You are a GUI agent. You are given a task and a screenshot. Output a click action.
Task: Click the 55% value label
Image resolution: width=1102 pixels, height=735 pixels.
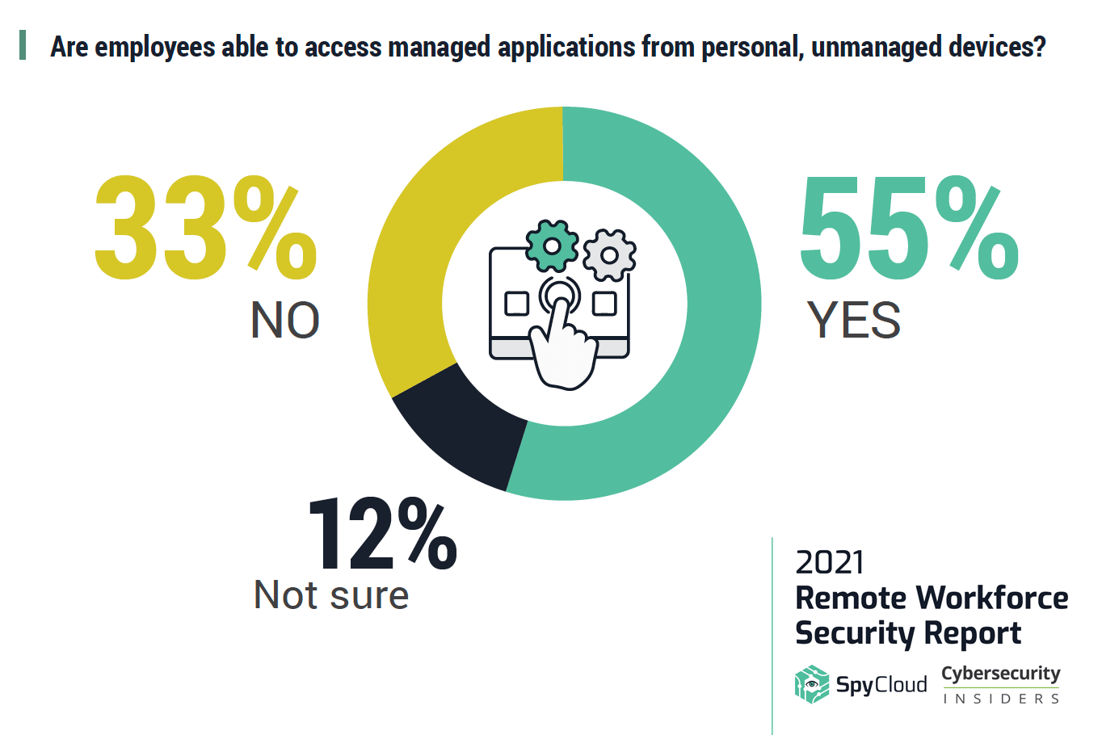(x=909, y=230)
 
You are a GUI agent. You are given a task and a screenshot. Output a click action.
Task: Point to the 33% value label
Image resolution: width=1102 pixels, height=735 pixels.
(x=206, y=230)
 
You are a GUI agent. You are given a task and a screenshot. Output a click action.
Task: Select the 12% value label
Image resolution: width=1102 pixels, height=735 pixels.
(x=382, y=535)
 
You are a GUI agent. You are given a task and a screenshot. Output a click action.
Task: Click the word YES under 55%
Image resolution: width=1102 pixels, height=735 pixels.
(x=854, y=321)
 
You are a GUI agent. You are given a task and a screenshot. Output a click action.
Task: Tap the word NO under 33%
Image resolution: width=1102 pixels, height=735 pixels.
(x=285, y=321)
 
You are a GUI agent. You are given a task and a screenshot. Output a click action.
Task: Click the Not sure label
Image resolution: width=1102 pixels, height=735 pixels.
(x=331, y=595)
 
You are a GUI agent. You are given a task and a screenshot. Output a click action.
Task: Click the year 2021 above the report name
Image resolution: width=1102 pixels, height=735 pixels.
(x=829, y=562)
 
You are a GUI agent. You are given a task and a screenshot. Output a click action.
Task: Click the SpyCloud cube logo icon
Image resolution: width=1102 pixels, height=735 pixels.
(x=811, y=685)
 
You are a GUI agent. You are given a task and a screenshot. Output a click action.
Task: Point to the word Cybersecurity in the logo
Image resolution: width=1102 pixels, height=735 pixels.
(x=1001, y=674)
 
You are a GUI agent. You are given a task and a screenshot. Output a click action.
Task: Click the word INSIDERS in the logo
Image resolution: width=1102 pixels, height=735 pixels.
(x=1001, y=699)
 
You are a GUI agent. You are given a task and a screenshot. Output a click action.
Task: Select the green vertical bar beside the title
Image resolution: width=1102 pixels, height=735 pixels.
(x=23, y=45)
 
